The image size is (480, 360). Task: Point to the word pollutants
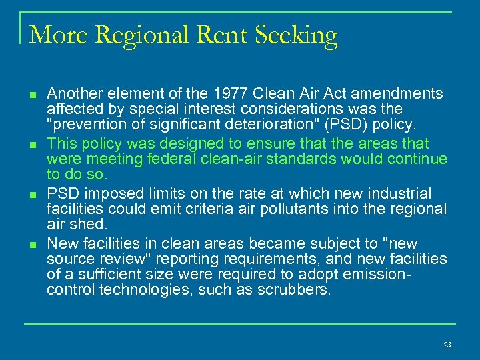(x=299, y=209)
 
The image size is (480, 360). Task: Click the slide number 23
(x=447, y=345)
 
